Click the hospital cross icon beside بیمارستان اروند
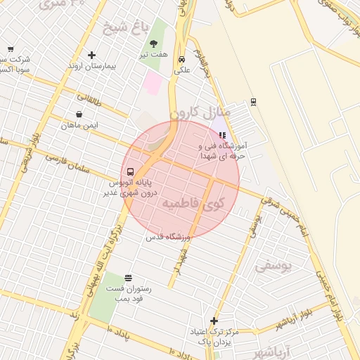(x=91, y=55)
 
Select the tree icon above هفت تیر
(x=153, y=44)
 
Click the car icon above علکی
(x=182, y=59)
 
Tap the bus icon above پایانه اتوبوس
(x=130, y=172)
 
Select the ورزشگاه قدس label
(x=168, y=237)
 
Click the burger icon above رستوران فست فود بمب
(x=127, y=278)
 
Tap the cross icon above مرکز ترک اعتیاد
(x=214, y=321)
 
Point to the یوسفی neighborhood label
(x=272, y=266)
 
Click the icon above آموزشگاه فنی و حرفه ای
(x=223, y=135)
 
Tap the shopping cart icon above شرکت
(x=10, y=49)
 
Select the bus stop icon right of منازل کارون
(x=253, y=102)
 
